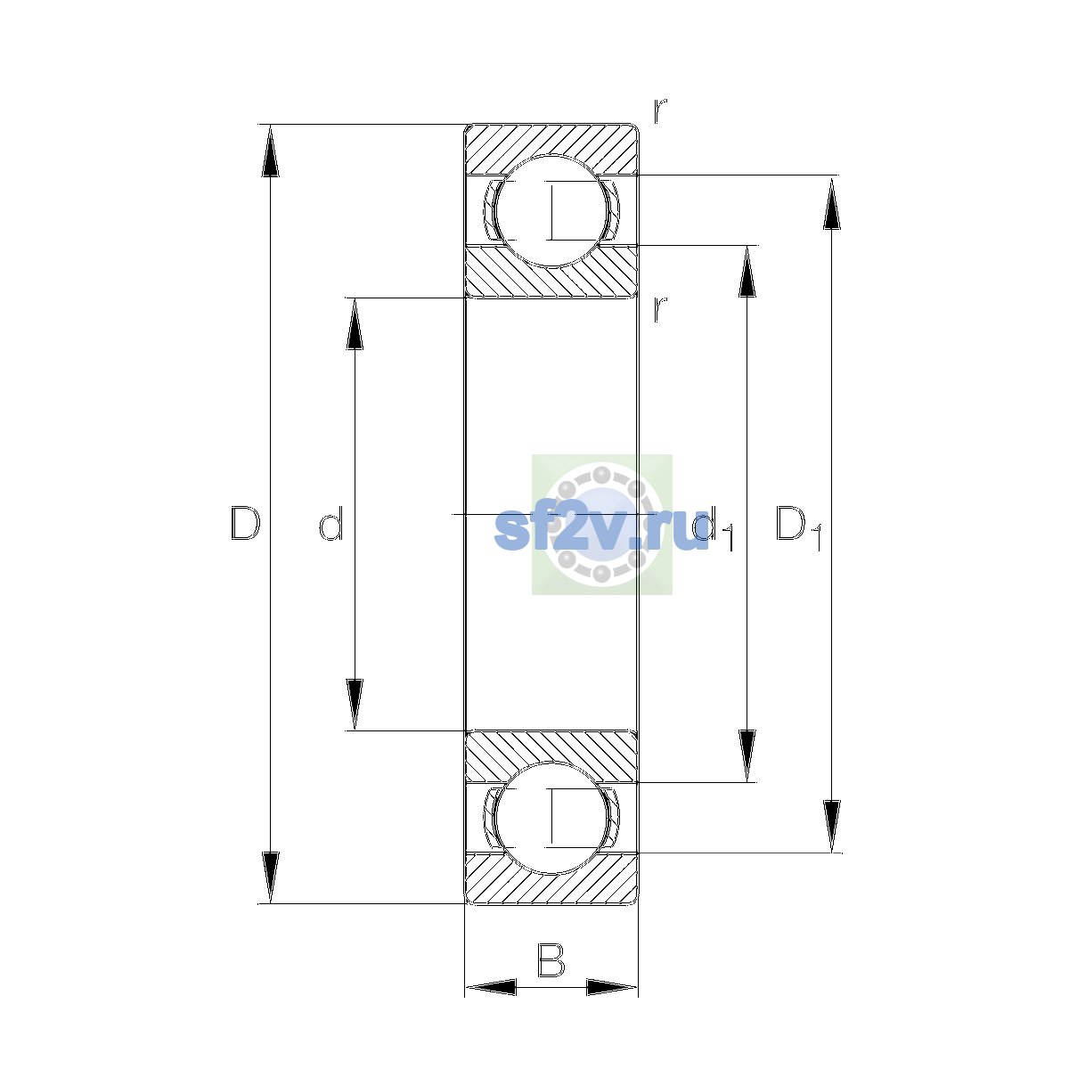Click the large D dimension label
tap(245, 523)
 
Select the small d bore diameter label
tap(331, 523)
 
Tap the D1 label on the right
tap(797, 527)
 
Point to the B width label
tap(551, 960)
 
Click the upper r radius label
tap(659, 110)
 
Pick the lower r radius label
tap(659, 309)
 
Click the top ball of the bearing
tap(551, 211)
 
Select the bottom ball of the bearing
tap(551, 818)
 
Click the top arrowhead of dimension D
tap(270, 151)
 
